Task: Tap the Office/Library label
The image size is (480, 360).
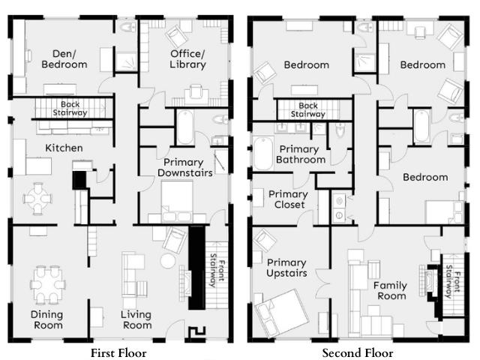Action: (x=187, y=58)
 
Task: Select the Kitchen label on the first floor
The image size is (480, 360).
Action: (x=64, y=148)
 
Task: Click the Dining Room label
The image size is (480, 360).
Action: (x=46, y=319)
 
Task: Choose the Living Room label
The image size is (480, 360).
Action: (x=136, y=319)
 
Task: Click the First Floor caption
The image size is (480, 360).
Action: (x=118, y=352)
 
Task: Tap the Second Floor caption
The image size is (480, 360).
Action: (x=358, y=352)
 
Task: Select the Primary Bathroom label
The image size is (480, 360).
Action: (x=301, y=154)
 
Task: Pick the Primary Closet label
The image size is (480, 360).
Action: (x=288, y=199)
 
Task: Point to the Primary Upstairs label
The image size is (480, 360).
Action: (x=286, y=268)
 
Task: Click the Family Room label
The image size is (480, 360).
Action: (x=391, y=291)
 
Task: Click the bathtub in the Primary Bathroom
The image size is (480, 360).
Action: (x=262, y=154)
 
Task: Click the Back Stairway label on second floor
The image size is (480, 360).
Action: (x=307, y=110)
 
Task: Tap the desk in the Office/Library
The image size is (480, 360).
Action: (x=196, y=92)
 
